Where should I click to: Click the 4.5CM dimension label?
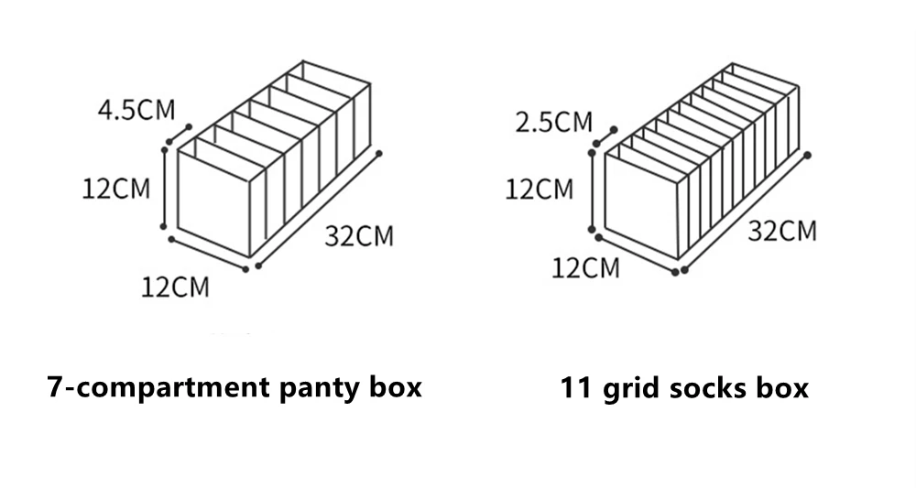point(136,111)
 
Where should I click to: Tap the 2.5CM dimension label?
point(554,122)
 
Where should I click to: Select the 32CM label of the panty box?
point(359,236)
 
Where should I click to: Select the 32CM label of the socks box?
point(782,231)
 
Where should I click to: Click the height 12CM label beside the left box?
point(115,190)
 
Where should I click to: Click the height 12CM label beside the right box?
point(540,190)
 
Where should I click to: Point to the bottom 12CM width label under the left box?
point(175,287)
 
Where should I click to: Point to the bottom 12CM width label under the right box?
point(585,268)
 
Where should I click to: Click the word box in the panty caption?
point(396,387)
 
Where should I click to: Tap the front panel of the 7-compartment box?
point(213,205)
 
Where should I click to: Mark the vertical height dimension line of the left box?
point(164,189)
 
